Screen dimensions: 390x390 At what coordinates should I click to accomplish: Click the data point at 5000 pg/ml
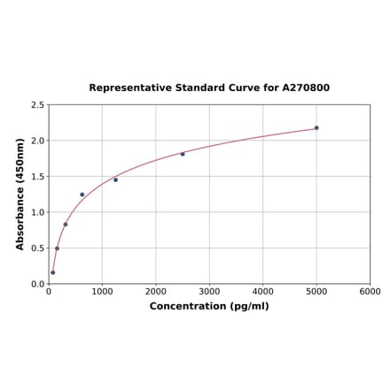point(316,128)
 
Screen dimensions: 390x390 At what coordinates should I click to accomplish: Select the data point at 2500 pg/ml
point(183,154)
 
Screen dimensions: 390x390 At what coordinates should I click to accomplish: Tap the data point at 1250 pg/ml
point(115,180)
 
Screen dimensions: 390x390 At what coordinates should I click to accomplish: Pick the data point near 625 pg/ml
point(82,195)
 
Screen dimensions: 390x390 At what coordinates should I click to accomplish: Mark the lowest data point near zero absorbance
point(52,272)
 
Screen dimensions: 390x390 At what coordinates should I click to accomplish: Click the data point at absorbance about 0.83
point(66,225)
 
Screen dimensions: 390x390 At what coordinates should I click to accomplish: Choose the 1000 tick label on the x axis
point(102,292)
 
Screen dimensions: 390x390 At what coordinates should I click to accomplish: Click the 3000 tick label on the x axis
point(209,292)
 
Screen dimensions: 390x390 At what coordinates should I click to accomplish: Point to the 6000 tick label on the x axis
point(370,292)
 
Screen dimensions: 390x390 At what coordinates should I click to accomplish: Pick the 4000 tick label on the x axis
point(263,292)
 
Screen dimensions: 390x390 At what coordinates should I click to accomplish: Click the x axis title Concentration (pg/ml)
point(209,306)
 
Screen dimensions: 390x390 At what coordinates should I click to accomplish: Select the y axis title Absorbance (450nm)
point(19,194)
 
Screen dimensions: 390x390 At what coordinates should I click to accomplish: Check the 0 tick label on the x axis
point(49,292)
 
